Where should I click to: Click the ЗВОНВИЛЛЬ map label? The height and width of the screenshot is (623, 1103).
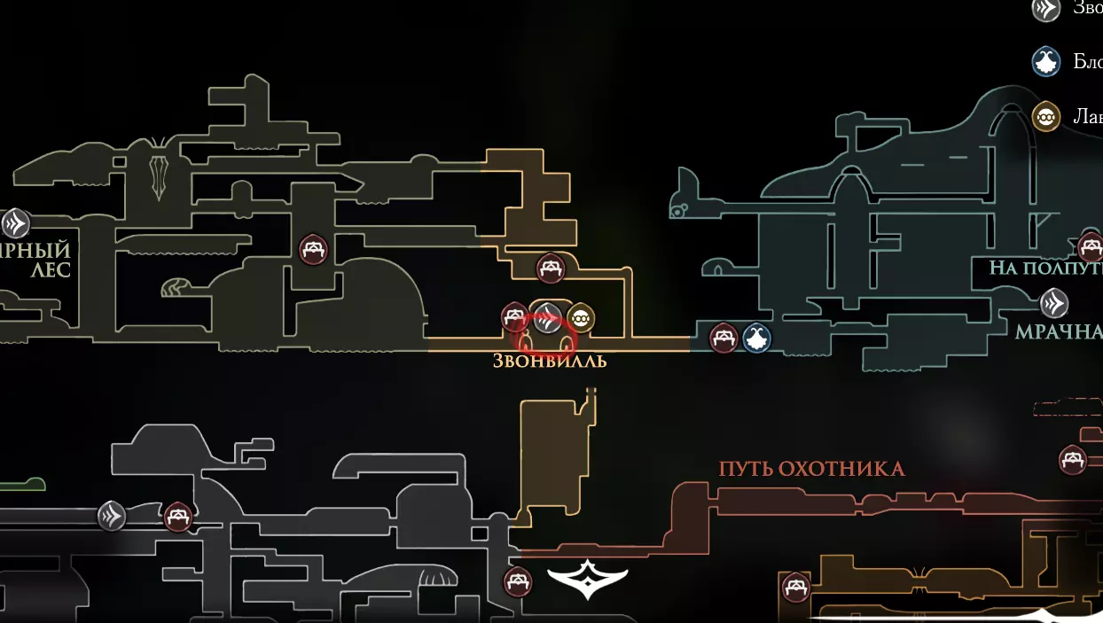click(x=550, y=362)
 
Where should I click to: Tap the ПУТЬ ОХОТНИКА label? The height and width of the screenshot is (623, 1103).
click(x=811, y=469)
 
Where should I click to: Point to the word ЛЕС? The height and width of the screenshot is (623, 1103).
click(x=50, y=270)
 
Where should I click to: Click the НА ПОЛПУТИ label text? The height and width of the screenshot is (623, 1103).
click(x=1045, y=268)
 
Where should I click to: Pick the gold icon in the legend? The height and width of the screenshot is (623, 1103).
click(x=1046, y=116)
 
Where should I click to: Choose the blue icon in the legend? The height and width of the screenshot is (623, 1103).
click(x=1046, y=61)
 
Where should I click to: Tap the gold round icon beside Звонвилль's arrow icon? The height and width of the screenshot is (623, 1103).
click(x=580, y=317)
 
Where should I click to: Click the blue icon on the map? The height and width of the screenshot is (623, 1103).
click(x=756, y=338)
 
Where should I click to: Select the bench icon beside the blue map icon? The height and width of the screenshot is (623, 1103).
click(x=724, y=338)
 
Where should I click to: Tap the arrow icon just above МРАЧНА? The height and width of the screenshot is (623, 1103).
click(x=1053, y=304)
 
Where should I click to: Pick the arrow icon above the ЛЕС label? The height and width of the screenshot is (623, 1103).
click(x=15, y=223)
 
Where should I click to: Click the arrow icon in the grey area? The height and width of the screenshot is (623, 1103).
click(x=112, y=515)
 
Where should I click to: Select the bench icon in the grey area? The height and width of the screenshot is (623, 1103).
click(x=179, y=516)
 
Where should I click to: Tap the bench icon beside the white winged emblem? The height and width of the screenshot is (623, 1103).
click(x=518, y=582)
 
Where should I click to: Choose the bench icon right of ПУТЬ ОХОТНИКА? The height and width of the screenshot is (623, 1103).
click(x=1073, y=459)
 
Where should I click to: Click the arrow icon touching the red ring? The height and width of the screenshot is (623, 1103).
click(x=548, y=315)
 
